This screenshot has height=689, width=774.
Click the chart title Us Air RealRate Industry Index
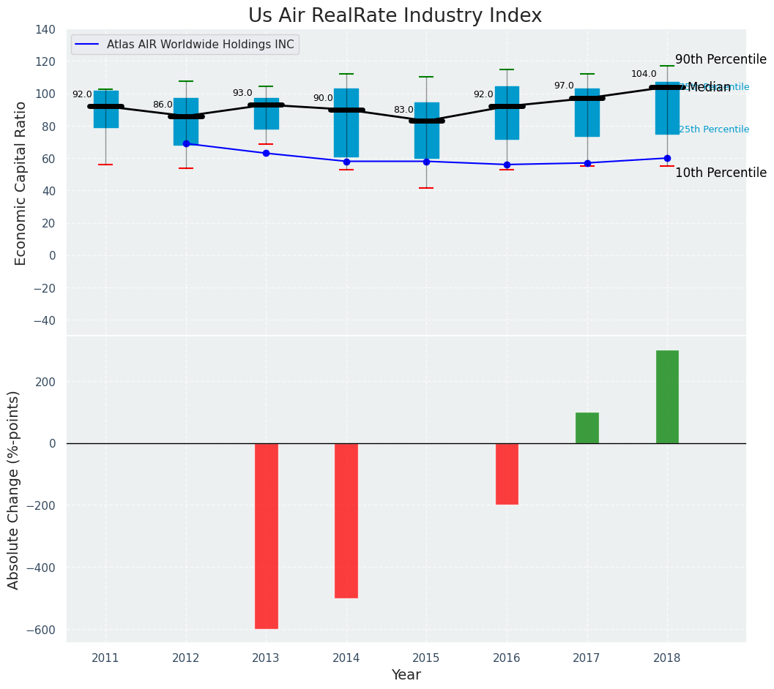pyautogui.click(x=395, y=16)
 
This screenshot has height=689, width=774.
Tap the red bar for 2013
pyautogui.click(x=266, y=535)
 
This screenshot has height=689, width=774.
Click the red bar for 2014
pyautogui.click(x=346, y=520)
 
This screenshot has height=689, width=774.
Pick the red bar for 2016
pyautogui.click(x=507, y=473)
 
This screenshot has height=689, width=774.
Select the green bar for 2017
pyautogui.click(x=587, y=428)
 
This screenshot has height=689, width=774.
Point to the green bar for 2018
pyautogui.click(x=667, y=396)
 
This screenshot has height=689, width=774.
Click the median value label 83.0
pyautogui.click(x=403, y=110)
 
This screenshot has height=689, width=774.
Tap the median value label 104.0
pyautogui.click(x=644, y=75)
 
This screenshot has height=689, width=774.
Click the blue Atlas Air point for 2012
pyautogui.click(x=186, y=144)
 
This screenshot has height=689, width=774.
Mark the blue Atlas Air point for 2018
pyautogui.click(x=667, y=158)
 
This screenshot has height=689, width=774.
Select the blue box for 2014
pyautogui.click(x=346, y=123)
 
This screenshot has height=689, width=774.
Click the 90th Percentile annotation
pyautogui.click(x=721, y=60)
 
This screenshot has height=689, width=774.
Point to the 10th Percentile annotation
pyautogui.click(x=721, y=173)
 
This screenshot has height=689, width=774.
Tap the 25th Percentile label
pyautogui.click(x=714, y=130)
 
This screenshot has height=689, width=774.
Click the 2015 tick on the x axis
pyautogui.click(x=426, y=658)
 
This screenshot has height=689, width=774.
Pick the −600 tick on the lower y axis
pyautogui.click(x=42, y=630)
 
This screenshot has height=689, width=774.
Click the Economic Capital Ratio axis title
pyautogui.click(x=21, y=183)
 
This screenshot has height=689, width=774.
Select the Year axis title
pyautogui.click(x=406, y=675)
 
